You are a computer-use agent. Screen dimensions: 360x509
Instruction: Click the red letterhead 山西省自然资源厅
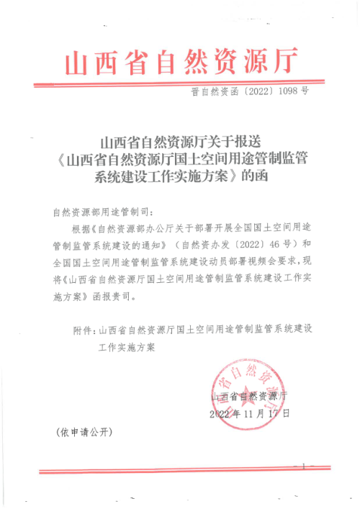click(x=180, y=63)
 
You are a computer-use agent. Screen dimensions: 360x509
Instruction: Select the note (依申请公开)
click(x=84, y=432)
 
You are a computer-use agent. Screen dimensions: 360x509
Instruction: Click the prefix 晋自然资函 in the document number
click(x=214, y=91)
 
